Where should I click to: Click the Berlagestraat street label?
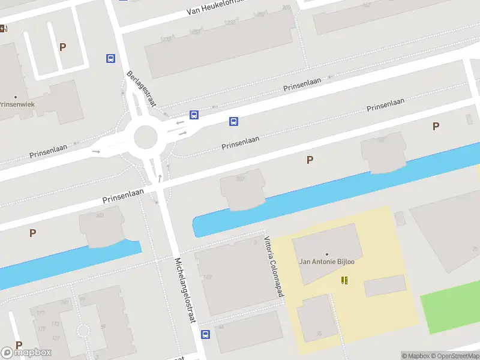tap(142, 89)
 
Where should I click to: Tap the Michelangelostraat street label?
tap(185, 291)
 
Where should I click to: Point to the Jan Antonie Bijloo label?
tap(326, 262)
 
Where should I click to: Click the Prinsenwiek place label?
tap(16, 104)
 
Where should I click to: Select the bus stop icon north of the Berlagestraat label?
tap(110, 59)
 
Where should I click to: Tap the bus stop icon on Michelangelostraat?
tap(205, 334)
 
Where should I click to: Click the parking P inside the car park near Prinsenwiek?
tap(62, 47)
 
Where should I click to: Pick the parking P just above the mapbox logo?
tap(19, 345)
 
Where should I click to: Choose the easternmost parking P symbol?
tap(436, 126)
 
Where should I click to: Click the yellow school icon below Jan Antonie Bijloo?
tap(344, 280)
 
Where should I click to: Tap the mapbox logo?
tap(26, 352)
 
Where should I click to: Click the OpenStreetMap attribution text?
tap(455, 356)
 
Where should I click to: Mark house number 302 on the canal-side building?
tap(100, 215)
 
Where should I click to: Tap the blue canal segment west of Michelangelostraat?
tap(66, 264)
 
